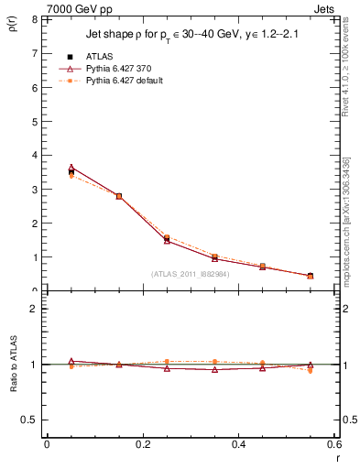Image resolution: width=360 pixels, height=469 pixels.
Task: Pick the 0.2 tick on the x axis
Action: coord(143,444)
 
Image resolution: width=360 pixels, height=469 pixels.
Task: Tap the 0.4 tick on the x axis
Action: coord(239,444)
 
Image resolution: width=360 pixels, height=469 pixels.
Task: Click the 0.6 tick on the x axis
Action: coord(334,444)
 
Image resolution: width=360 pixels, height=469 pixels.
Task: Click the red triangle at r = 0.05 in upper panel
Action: coord(71,168)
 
